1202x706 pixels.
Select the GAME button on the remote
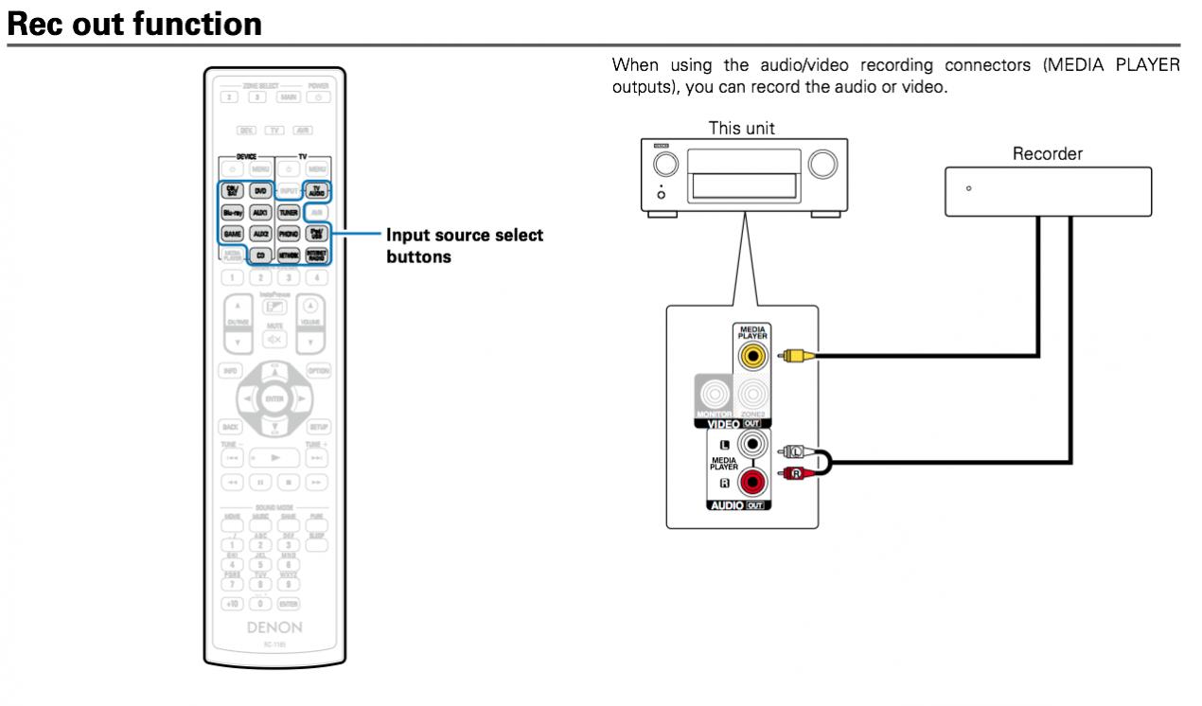pyautogui.click(x=232, y=233)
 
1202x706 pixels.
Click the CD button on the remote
pyautogui.click(x=261, y=255)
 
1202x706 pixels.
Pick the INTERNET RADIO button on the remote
pyautogui.click(x=317, y=255)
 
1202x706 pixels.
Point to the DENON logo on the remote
pyautogui.click(x=274, y=626)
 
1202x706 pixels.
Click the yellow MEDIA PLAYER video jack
pyautogui.click(x=753, y=356)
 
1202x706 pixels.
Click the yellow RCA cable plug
pyautogui.click(x=793, y=357)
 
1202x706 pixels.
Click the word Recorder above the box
pyautogui.click(x=1048, y=153)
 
